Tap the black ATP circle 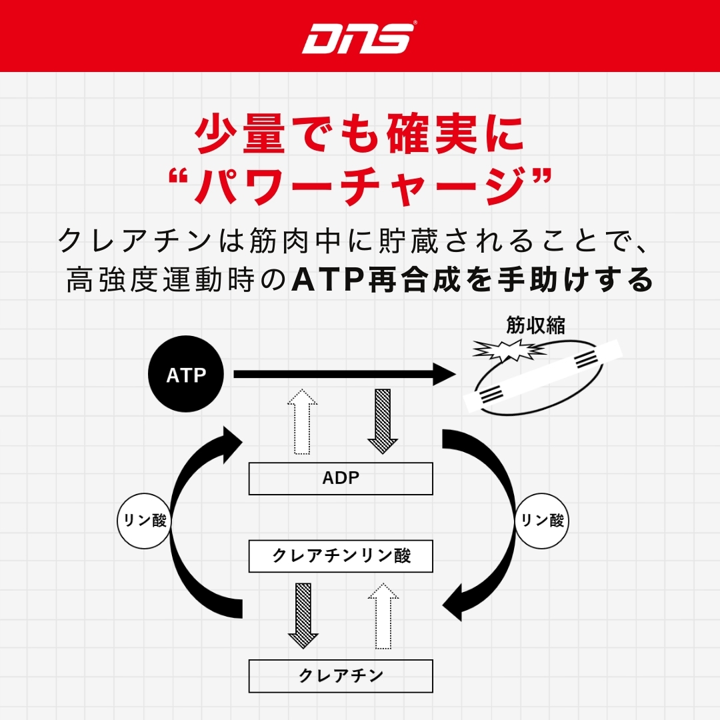[186, 375]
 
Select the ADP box [341, 478]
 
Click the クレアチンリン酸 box [341, 556]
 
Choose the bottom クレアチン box [341, 675]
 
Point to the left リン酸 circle [143, 520]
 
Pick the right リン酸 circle [542, 520]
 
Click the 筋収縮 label [536, 327]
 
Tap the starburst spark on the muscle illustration [505, 351]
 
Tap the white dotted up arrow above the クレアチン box [383, 615]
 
